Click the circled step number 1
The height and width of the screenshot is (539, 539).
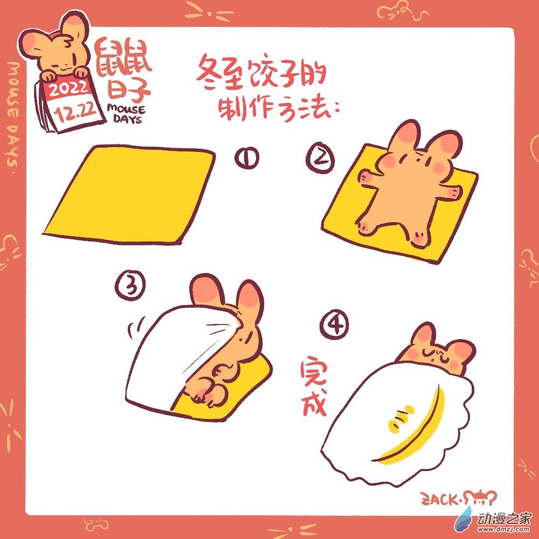(247, 158)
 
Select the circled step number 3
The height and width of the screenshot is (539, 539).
(129, 286)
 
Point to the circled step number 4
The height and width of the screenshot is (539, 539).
(334, 325)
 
